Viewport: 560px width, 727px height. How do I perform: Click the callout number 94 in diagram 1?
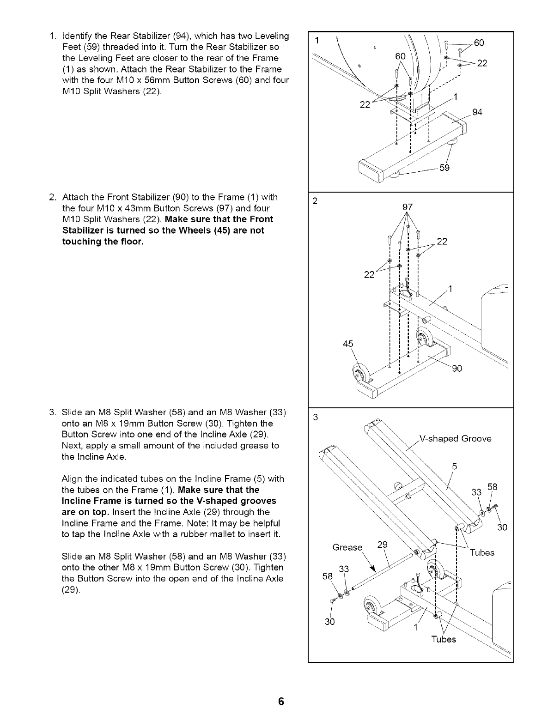pyautogui.click(x=477, y=112)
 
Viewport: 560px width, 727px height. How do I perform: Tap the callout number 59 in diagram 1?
pyautogui.click(x=444, y=168)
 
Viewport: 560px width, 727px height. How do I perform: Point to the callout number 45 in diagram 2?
pyautogui.click(x=348, y=344)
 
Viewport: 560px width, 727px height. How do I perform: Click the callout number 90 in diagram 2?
pyautogui.click(x=457, y=369)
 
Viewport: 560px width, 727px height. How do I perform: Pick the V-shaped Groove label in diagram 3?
pyautogui.click(x=455, y=438)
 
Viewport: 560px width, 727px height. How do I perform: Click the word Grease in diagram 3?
pyautogui.click(x=347, y=548)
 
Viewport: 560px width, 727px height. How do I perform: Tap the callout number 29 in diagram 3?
pyautogui.click(x=382, y=544)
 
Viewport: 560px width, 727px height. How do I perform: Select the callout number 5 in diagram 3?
pyautogui.click(x=454, y=466)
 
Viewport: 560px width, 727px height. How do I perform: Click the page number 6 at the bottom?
pyautogui.click(x=280, y=703)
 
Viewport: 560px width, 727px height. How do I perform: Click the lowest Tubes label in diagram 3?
pyautogui.click(x=443, y=640)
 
